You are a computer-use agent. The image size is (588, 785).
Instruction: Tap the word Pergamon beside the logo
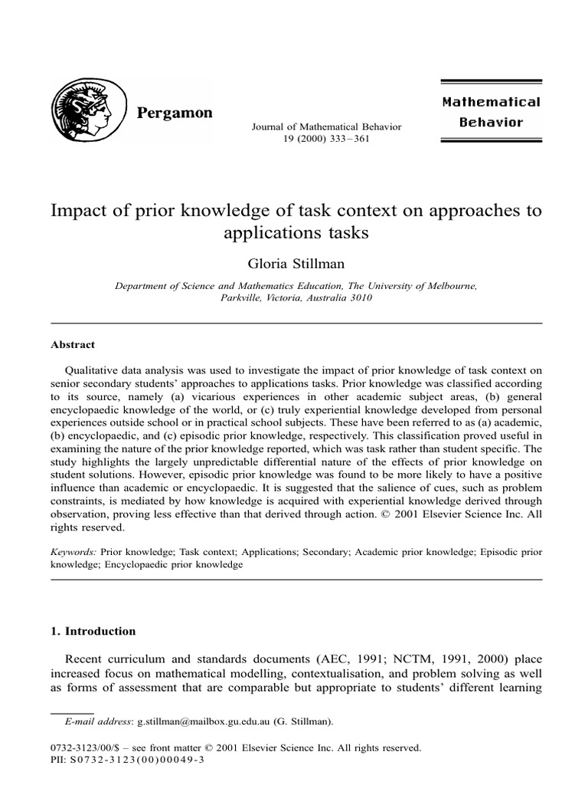tap(175, 113)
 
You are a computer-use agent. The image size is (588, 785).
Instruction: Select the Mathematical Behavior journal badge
tap(491, 112)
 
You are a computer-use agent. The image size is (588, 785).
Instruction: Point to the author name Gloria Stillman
tap(294, 263)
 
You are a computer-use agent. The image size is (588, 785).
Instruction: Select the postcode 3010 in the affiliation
tap(358, 298)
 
